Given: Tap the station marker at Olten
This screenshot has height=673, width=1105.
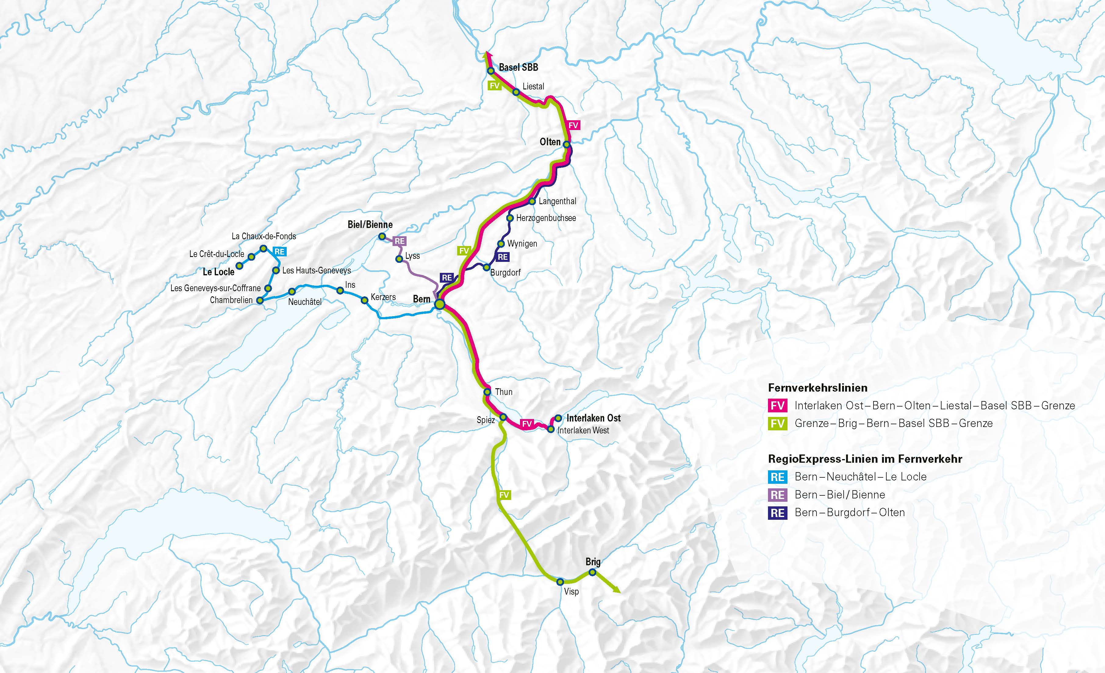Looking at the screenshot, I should (x=566, y=144).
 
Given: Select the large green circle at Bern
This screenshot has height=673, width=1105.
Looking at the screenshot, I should (x=439, y=305).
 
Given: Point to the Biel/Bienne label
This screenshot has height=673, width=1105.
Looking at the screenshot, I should (x=370, y=224).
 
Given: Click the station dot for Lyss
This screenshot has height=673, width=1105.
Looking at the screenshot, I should (x=399, y=259).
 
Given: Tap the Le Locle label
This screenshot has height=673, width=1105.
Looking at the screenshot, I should (x=218, y=272).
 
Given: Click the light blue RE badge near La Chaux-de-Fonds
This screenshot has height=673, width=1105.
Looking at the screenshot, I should (x=279, y=252).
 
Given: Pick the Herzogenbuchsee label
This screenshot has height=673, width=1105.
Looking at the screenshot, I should (x=546, y=218).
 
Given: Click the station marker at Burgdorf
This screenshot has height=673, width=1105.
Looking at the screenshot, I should (x=486, y=268).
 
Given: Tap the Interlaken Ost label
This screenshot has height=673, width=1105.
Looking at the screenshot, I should (x=593, y=418).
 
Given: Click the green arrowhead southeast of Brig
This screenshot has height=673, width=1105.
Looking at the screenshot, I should (x=617, y=591).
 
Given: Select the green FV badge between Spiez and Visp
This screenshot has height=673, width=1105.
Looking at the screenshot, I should (x=504, y=495).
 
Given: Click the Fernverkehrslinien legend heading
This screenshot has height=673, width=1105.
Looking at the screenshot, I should (x=817, y=388).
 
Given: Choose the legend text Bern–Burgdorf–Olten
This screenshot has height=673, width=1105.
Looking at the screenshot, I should (x=849, y=512).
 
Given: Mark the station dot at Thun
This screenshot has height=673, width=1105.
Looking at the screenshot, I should (x=487, y=393).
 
